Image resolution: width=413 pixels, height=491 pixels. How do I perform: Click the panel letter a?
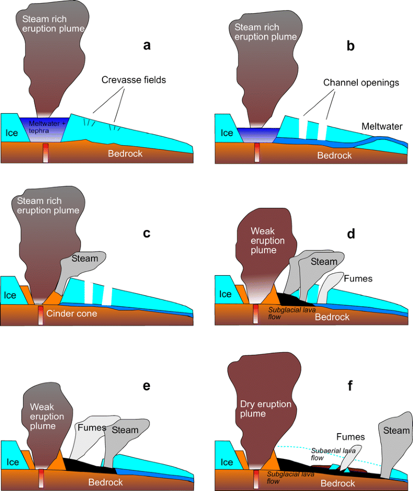[x=147, y=45]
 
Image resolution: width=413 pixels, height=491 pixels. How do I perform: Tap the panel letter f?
[x=351, y=386]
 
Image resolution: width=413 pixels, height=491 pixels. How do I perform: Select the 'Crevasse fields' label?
[x=134, y=80]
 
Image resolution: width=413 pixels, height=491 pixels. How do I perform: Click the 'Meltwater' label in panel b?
[x=382, y=126]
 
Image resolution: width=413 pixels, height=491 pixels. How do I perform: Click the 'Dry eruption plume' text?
[x=259, y=407]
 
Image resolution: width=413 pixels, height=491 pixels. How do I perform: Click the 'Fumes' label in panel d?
[x=358, y=278]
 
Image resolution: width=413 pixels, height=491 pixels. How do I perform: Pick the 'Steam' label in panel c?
[x=85, y=258]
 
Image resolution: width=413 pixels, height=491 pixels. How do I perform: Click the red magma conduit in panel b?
[x=257, y=153]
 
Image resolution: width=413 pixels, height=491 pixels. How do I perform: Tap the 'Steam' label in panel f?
[x=396, y=430]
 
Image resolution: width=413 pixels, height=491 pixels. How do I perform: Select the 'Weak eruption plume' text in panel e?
[x=47, y=416]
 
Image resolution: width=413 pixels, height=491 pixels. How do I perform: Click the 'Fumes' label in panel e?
[x=92, y=428]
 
